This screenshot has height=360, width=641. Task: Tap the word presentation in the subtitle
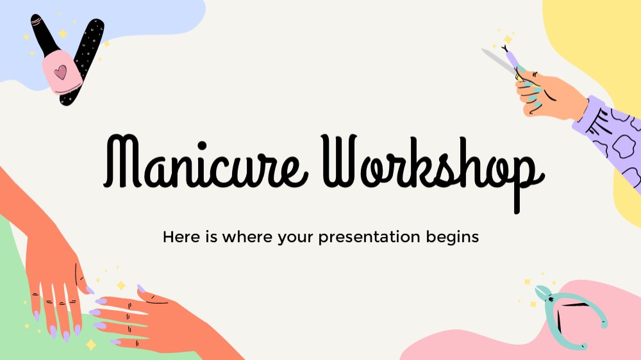(x=369, y=238)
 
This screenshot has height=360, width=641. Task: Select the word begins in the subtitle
(x=452, y=238)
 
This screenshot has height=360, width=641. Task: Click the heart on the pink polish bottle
(x=60, y=72)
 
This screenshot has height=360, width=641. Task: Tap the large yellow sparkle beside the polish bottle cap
(x=63, y=33)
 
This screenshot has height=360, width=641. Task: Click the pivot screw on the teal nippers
(x=551, y=300)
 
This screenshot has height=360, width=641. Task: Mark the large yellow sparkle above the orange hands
(x=121, y=285)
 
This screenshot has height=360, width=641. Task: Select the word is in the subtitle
(x=212, y=237)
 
